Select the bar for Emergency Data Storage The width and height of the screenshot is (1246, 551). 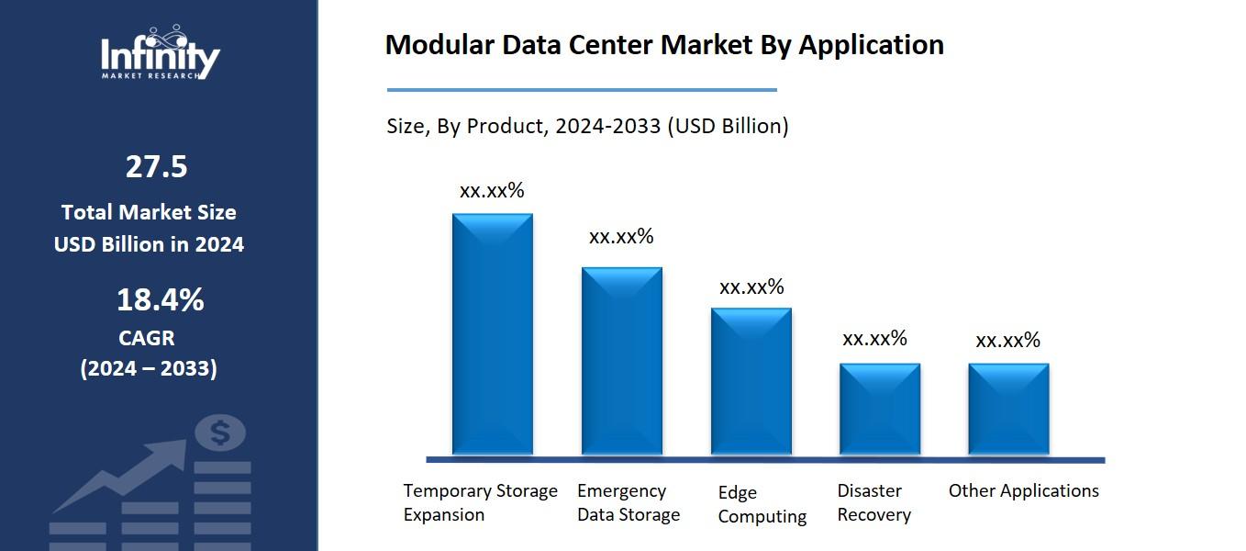pos(622,360)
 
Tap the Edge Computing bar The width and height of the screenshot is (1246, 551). pos(751,380)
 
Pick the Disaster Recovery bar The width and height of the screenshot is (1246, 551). pos(880,409)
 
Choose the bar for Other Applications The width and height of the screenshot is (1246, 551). pos(1008,409)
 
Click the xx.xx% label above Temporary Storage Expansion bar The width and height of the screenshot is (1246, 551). pos(492,191)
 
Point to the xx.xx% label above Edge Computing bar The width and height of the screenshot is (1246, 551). pos(751,287)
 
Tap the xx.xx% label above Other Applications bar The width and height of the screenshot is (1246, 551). pos(1007,341)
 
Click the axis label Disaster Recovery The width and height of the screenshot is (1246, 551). pos(873,503)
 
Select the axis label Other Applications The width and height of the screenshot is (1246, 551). pos(1023,491)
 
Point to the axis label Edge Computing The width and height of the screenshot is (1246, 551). pos(762,504)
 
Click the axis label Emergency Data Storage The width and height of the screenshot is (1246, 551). pos(629,503)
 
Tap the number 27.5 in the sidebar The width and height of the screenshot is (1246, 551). pos(156,167)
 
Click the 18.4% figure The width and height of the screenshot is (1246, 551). pos(160,300)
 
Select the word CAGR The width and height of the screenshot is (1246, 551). pos(147,338)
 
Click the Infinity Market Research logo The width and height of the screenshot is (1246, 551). pos(161,53)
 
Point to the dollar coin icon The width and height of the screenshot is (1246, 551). pos(220,433)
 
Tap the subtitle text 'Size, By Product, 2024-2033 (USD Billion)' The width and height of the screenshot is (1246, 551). pos(587,126)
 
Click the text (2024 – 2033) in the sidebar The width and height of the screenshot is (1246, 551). pos(149,369)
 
